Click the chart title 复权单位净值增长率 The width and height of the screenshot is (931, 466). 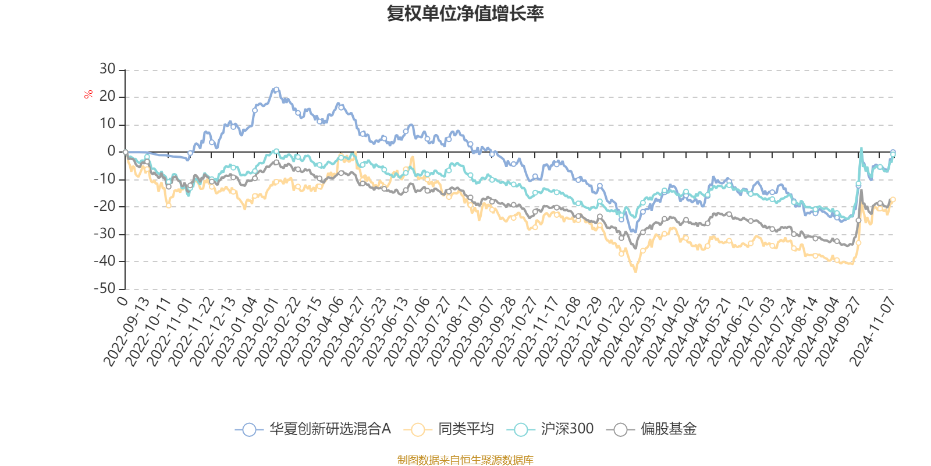coord(465,14)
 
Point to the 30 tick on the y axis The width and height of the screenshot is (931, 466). coord(107,69)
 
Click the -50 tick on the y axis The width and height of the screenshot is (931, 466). coord(105,288)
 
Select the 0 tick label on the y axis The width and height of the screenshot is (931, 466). coord(111,151)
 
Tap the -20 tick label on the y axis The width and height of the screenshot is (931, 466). coord(105,206)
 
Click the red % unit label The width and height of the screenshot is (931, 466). coord(88,94)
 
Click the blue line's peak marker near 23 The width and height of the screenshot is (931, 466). coord(276,90)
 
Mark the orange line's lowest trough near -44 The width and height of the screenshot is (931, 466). coord(635,271)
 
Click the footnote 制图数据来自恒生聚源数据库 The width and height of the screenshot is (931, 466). coord(465,460)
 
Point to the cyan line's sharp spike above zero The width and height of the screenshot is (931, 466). coord(861,148)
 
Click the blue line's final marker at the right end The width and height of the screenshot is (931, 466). coord(893,153)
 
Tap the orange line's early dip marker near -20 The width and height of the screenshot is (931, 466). coord(169,205)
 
